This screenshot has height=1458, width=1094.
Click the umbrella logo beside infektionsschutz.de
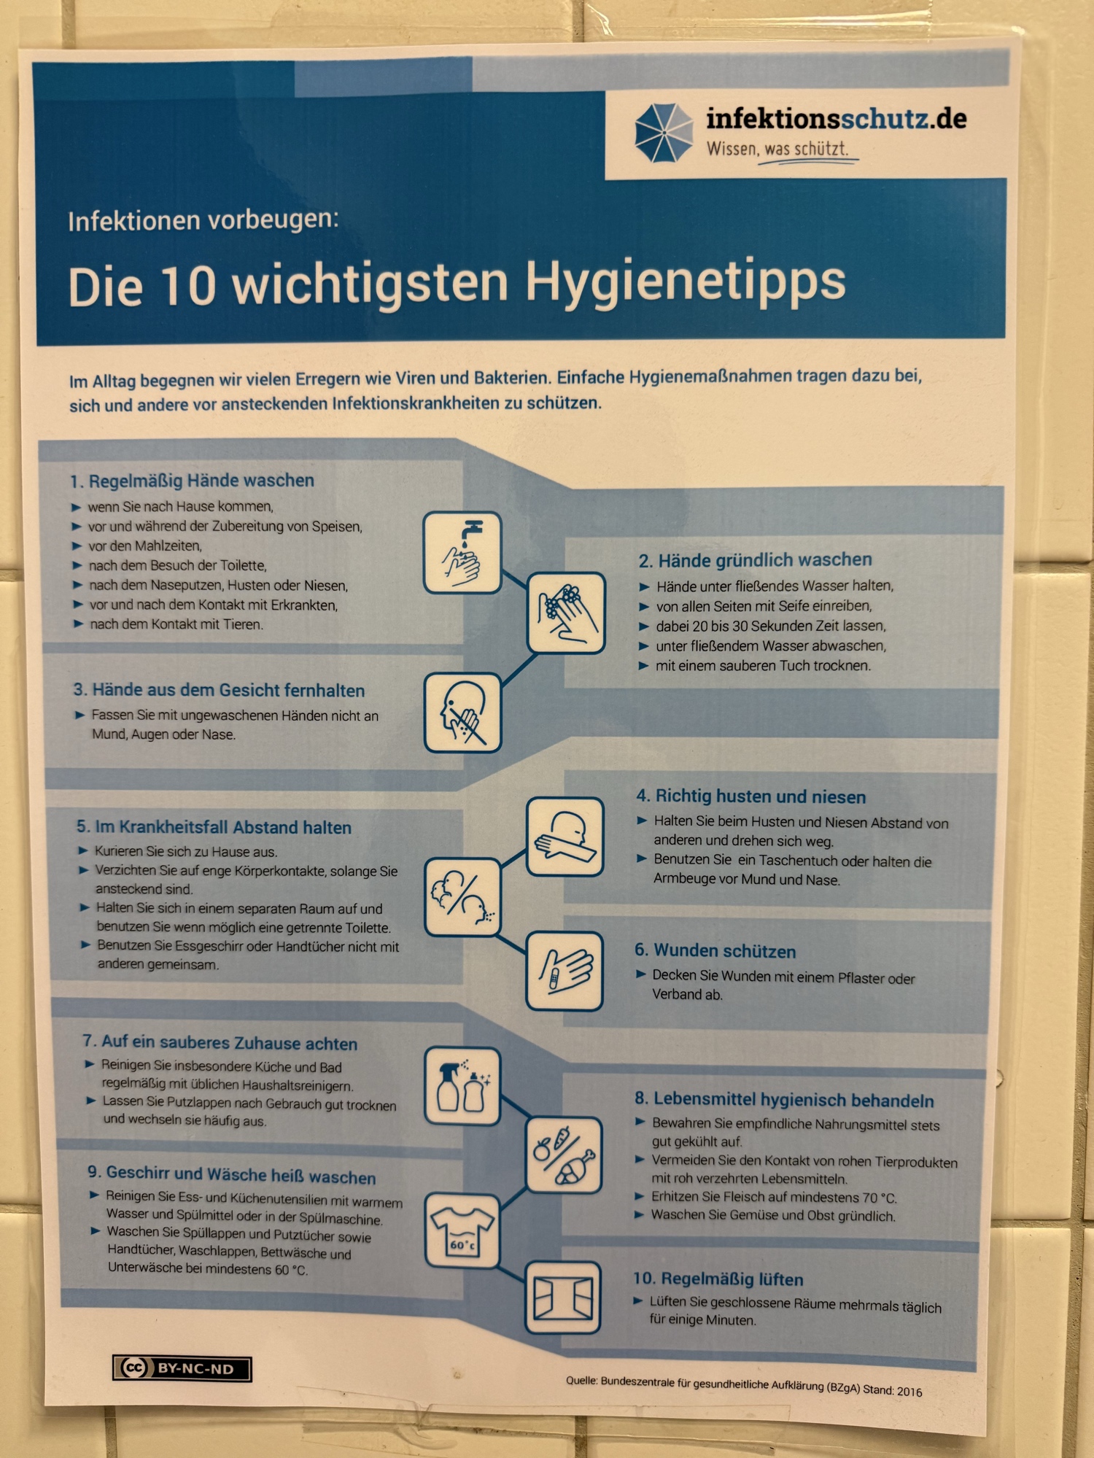[x=664, y=133]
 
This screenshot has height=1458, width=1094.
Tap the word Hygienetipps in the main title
[x=686, y=282]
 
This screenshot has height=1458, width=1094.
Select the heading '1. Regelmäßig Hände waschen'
[x=192, y=481]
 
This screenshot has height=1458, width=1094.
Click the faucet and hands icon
[x=462, y=552]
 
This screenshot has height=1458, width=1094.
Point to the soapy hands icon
[x=566, y=613]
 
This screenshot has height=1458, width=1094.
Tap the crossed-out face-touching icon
[x=462, y=713]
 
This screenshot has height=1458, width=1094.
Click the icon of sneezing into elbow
[x=565, y=836]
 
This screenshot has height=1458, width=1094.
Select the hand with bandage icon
[x=565, y=971]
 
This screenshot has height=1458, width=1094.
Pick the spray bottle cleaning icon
[x=462, y=1086]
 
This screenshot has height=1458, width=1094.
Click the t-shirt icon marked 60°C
[x=462, y=1231]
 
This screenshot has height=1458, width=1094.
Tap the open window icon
[x=563, y=1298]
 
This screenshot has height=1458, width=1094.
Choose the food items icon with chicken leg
[x=564, y=1155]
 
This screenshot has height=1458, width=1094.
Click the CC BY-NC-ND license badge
[x=182, y=1368]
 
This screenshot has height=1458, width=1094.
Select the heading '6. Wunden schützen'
[x=715, y=950]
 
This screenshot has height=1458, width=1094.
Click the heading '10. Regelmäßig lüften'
[x=718, y=1279]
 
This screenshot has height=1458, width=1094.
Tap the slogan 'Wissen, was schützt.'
[x=777, y=149]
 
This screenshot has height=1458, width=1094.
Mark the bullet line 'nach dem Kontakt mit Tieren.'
[x=176, y=624]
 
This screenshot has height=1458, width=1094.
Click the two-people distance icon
[x=462, y=897]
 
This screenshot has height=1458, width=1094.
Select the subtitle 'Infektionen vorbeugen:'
[x=203, y=220]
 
